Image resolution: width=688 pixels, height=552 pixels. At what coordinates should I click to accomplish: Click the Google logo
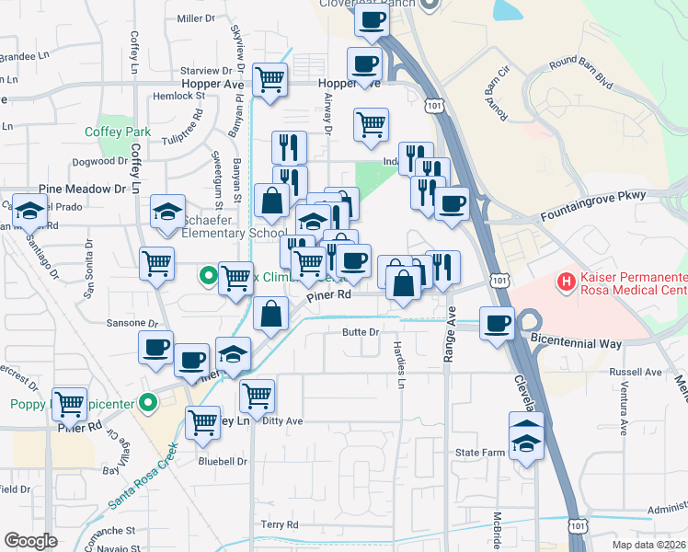point(30,541)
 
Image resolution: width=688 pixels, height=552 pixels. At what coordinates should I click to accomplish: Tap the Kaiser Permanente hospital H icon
point(568,280)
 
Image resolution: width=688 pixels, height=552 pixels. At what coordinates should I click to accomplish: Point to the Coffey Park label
point(118,132)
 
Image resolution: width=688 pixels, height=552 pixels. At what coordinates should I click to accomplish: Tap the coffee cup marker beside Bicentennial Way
point(498,324)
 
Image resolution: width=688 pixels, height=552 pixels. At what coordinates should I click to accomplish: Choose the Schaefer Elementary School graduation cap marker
point(168,213)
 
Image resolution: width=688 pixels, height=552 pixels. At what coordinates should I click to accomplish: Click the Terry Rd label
point(280,524)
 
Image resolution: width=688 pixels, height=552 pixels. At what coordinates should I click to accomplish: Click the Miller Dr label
point(195,18)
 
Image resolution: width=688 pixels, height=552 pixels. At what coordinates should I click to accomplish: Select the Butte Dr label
point(361,331)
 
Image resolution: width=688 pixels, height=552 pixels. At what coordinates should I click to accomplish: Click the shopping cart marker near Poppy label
point(69,404)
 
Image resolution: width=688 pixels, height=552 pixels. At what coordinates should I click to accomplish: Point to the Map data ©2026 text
point(648,544)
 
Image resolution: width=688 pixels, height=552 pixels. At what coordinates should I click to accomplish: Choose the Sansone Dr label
point(128,323)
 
